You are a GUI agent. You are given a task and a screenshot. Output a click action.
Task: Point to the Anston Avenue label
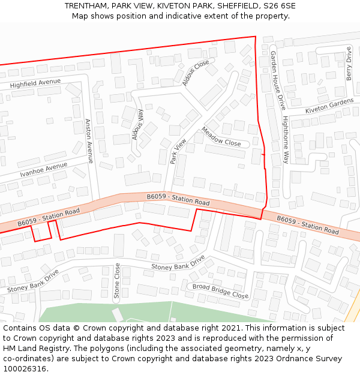click(88, 140)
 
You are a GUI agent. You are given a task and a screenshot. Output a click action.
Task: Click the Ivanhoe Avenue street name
click(43, 170)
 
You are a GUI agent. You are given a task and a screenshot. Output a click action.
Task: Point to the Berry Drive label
click(349, 64)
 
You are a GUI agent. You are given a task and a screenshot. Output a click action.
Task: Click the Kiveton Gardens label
click(329, 107)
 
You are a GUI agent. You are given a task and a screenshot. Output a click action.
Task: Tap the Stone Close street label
click(117, 281)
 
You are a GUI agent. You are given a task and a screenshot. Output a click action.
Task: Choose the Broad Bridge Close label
click(220, 291)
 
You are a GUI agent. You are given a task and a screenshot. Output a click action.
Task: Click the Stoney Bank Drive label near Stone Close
click(178, 262)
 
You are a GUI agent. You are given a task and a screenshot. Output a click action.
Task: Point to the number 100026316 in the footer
click(25, 368)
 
